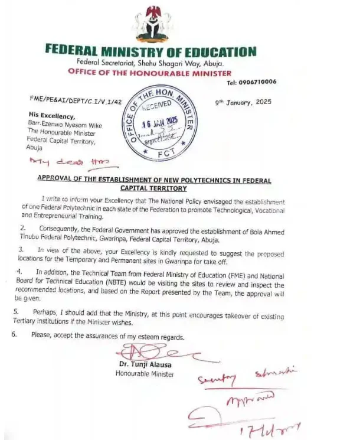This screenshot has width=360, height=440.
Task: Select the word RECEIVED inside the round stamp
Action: [x=157, y=106]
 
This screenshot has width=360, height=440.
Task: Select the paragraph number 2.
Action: [x=23, y=227]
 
